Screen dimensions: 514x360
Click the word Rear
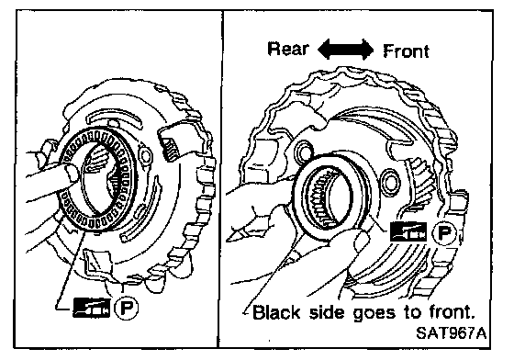[288, 50]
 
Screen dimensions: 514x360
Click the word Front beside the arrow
[406, 51]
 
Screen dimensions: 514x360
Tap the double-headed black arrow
[345, 50]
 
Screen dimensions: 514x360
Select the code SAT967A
[451, 333]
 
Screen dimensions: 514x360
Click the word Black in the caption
[276, 312]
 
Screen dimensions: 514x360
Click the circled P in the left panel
[127, 308]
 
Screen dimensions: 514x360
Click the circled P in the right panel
[444, 232]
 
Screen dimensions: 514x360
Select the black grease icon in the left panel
[92, 308]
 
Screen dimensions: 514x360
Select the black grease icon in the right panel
[408, 231]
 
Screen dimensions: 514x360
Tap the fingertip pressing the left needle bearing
[72, 172]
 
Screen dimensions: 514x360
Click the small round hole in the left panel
[145, 156]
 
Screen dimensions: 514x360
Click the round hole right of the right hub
[390, 182]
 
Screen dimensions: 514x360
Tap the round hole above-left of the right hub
[304, 152]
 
